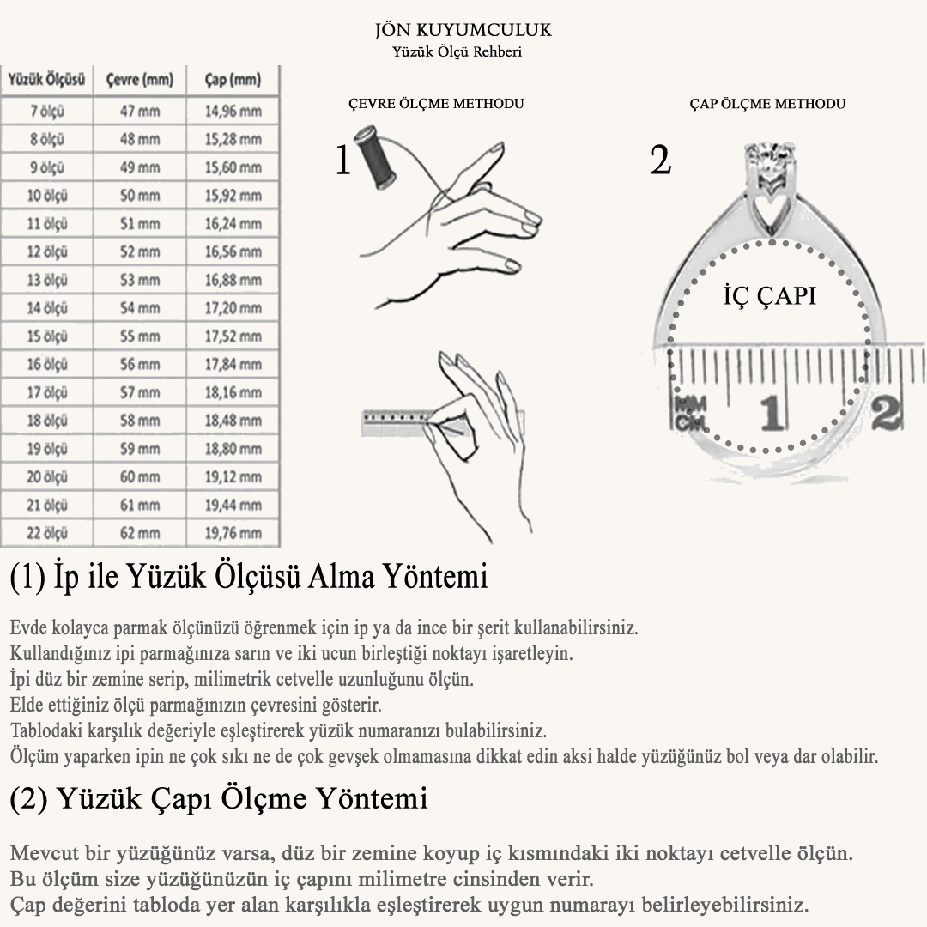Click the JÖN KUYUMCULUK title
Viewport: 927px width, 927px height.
[x=463, y=31]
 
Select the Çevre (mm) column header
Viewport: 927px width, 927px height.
[x=139, y=81]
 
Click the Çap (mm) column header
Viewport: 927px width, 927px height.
[x=233, y=81]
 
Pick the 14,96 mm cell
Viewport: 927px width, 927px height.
[x=233, y=111]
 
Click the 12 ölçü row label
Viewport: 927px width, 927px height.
[x=47, y=251]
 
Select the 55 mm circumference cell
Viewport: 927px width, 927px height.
[x=139, y=336]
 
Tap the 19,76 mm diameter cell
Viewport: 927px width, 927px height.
[x=233, y=533]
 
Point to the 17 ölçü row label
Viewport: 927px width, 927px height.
[x=47, y=392]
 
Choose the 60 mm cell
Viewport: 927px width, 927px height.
[x=139, y=476]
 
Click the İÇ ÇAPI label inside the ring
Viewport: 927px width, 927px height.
[x=769, y=296]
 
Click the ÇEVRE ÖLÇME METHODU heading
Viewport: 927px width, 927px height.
[x=436, y=104]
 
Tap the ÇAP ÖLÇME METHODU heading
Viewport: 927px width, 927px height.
[x=767, y=104]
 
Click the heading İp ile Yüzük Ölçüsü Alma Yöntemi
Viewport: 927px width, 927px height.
[x=249, y=577]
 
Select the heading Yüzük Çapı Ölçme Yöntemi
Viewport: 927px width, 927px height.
[x=219, y=798]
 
